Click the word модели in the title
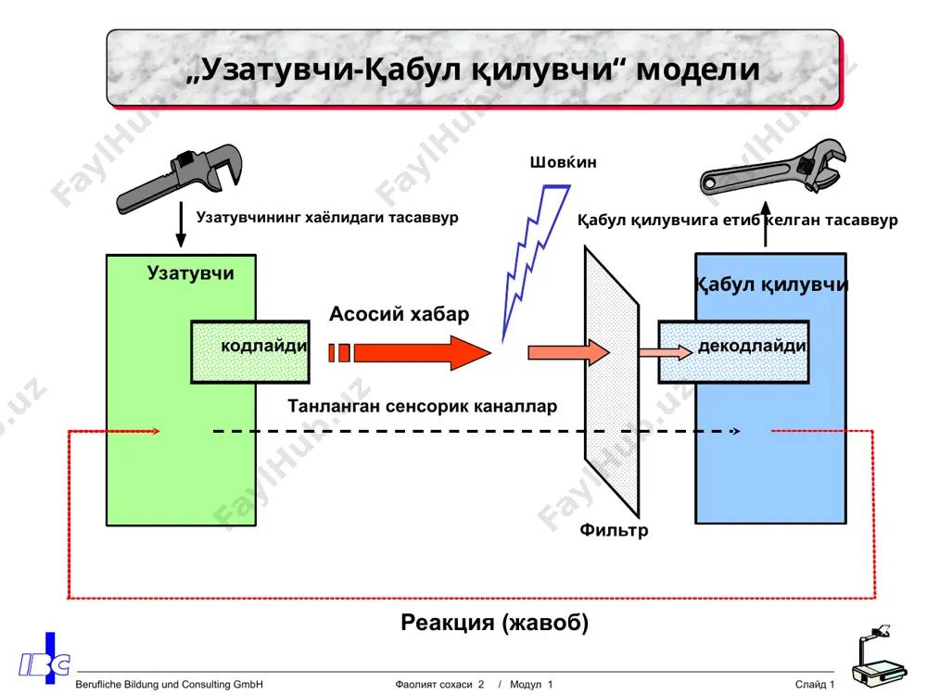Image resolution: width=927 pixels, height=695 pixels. click(698, 69)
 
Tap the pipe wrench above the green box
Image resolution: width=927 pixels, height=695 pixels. click(180, 177)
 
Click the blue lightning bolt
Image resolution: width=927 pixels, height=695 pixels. click(535, 260)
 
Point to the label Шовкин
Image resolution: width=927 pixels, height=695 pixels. click(563, 162)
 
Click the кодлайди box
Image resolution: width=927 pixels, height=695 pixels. click(250, 351)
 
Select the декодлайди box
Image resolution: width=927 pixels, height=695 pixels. click(733, 352)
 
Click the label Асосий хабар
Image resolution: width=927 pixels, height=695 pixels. click(399, 314)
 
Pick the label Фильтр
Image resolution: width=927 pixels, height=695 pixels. click(614, 529)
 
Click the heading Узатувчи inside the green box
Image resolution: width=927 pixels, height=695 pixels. click(190, 273)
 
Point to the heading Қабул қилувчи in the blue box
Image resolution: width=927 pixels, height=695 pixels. click(771, 284)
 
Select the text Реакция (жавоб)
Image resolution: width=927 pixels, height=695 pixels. click(495, 623)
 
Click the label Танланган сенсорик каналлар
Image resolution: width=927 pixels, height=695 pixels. click(422, 407)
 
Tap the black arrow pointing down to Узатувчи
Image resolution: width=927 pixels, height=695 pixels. click(181, 224)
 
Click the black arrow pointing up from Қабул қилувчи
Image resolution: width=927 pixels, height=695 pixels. click(766, 224)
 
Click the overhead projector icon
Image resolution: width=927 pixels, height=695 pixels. click(879, 658)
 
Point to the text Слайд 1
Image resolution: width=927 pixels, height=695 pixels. click(815, 685)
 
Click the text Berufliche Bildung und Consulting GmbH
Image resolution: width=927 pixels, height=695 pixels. click(169, 685)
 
